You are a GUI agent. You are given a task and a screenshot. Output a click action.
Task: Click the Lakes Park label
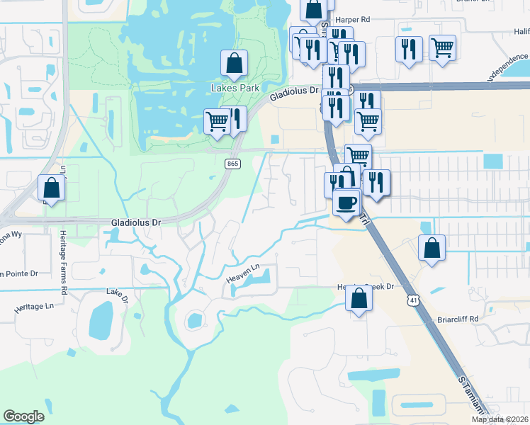[x=234, y=89]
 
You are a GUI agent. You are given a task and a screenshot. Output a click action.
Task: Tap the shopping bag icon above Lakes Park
[x=234, y=64]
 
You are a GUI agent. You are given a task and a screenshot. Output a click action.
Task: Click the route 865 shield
[x=232, y=164]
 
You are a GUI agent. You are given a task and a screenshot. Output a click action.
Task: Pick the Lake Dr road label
[x=118, y=295]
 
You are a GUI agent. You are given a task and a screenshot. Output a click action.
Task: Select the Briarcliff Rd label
[x=458, y=319]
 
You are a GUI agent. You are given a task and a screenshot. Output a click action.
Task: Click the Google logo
[x=24, y=416]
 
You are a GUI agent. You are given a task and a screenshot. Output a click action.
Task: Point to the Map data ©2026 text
[x=500, y=419]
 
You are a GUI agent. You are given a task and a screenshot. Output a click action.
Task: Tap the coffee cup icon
[x=346, y=203]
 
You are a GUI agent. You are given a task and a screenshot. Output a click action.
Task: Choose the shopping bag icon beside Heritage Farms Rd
[x=52, y=188]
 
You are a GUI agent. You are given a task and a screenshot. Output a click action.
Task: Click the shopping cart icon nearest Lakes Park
[x=217, y=121]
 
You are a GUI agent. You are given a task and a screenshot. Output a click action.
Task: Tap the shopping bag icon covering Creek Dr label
[x=359, y=298]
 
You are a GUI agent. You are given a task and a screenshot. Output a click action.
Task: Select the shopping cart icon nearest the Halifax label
[x=442, y=49]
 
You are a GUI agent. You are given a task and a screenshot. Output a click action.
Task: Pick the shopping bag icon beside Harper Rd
[x=313, y=11]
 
